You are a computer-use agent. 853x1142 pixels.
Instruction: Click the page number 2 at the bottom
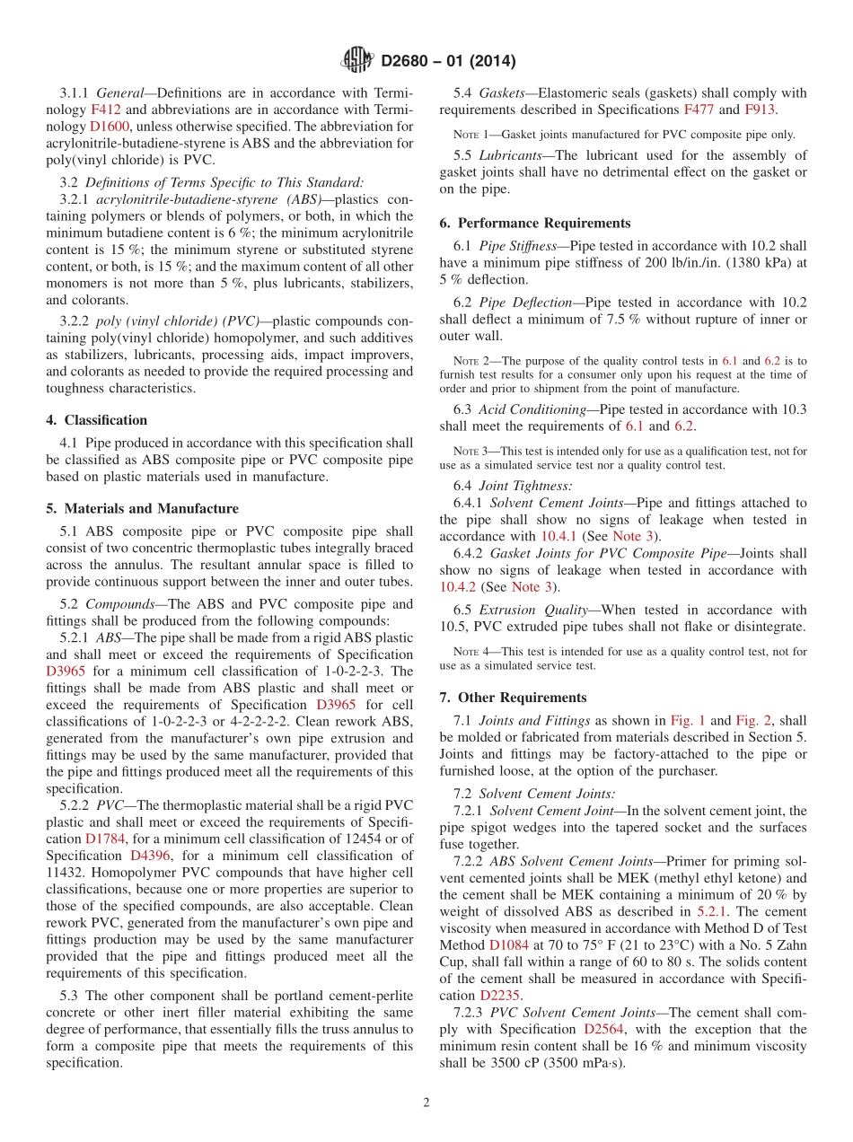[x=426, y=1102]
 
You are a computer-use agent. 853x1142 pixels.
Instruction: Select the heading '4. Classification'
[x=97, y=420]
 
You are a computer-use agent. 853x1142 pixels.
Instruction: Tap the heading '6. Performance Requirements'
[x=536, y=224]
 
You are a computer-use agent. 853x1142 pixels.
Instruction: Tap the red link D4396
[x=151, y=856]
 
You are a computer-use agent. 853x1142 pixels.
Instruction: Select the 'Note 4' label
[x=471, y=652]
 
